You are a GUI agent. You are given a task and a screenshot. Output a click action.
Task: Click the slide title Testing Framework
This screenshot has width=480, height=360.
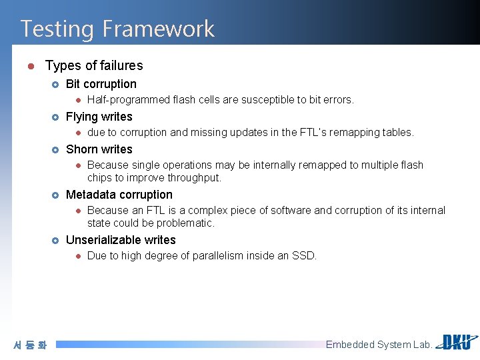click(x=117, y=29)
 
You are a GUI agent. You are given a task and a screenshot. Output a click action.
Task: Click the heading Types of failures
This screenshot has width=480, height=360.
click(x=94, y=65)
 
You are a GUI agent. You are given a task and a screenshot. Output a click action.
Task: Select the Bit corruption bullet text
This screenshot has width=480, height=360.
click(x=101, y=84)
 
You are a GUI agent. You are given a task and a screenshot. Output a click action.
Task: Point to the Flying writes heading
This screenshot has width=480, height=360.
click(x=99, y=117)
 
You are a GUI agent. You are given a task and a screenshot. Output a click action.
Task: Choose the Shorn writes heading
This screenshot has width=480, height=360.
click(x=99, y=149)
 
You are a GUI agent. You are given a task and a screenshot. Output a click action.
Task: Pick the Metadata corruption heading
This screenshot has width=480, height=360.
click(x=119, y=195)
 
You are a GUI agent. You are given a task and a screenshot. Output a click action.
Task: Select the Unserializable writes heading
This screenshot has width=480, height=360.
click(x=121, y=240)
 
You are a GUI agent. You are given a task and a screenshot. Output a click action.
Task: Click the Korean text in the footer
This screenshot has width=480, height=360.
click(x=30, y=345)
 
